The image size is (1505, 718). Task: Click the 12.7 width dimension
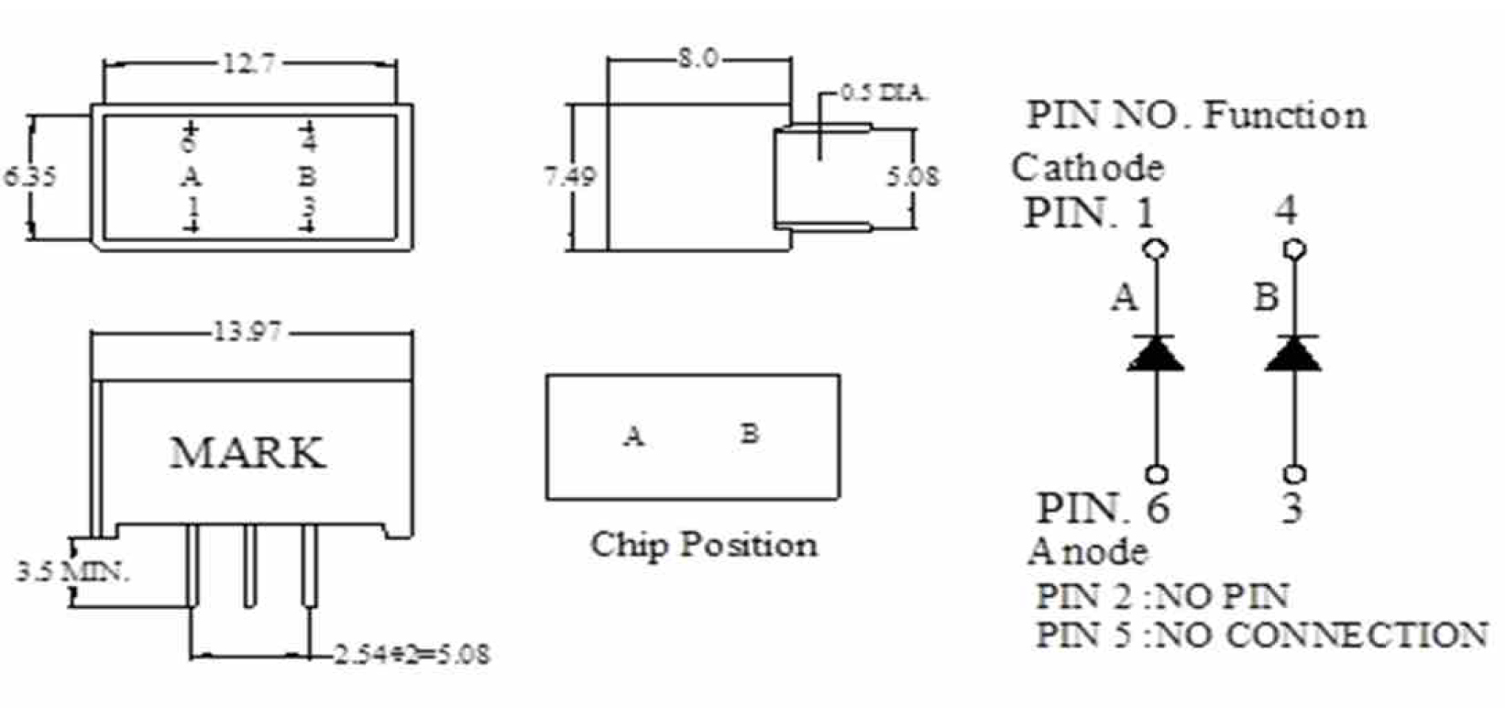point(248,64)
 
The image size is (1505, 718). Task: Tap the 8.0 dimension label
point(698,60)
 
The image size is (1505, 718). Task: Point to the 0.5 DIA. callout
point(884,93)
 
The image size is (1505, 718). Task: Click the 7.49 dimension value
point(568,175)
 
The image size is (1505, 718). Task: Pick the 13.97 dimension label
point(247,331)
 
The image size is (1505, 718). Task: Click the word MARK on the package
point(247,453)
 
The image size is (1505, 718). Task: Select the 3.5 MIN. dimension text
point(72,573)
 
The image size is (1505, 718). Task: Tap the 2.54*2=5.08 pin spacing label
point(412,655)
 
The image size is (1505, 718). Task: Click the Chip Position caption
point(703,545)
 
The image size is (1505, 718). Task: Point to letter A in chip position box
point(633,436)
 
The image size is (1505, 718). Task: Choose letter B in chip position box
point(750,433)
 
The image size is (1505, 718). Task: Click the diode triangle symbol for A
point(1156,354)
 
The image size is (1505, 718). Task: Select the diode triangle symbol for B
point(1293,354)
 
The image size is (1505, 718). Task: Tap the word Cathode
point(1087,168)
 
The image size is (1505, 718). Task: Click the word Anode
point(1087,551)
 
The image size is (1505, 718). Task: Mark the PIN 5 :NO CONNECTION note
point(1261,635)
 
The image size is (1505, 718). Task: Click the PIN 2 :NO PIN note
point(1162,596)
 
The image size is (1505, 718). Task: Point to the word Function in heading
point(1284,116)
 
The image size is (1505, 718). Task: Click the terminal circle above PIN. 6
point(1157,474)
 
